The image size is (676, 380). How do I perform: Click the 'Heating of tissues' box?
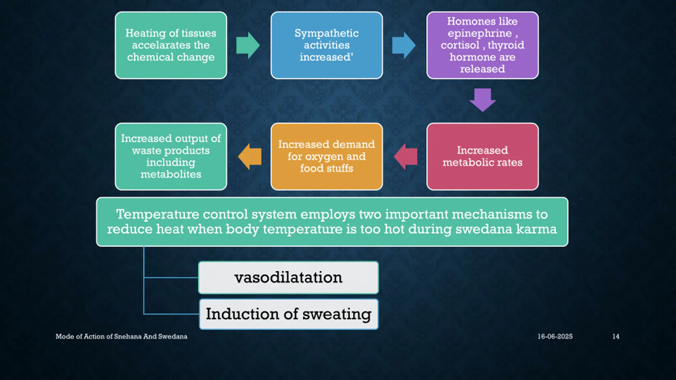pyautogui.click(x=171, y=45)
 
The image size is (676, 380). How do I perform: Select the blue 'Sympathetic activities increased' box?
pyautogui.click(x=327, y=45)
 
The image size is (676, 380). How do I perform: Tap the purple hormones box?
pyautogui.click(x=482, y=45)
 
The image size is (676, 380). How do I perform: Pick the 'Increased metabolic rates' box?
pyautogui.click(x=482, y=156)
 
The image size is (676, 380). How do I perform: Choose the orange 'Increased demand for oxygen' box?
pyautogui.click(x=327, y=156)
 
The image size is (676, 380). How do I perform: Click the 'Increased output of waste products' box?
pyautogui.click(x=171, y=156)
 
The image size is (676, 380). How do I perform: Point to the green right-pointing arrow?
pyautogui.click(x=247, y=45)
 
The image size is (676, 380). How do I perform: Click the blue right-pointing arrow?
pyautogui.click(x=403, y=45)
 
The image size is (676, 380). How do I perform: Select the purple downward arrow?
pyautogui.click(x=483, y=99)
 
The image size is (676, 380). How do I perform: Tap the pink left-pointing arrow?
pyautogui.click(x=406, y=156)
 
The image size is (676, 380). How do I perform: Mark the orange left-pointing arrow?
pyautogui.click(x=250, y=156)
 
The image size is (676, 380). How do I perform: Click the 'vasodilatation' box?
pyautogui.click(x=288, y=277)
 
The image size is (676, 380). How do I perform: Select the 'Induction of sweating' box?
pyautogui.click(x=289, y=314)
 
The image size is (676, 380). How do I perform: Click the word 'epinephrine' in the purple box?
pyautogui.click(x=480, y=34)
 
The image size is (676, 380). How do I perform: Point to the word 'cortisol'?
pyautogui.click(x=460, y=45)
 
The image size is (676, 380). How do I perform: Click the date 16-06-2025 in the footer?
pyautogui.click(x=555, y=336)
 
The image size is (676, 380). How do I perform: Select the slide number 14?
pyautogui.click(x=616, y=336)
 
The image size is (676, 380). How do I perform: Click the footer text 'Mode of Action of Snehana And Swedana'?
pyautogui.click(x=121, y=336)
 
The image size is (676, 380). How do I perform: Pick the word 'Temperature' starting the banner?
pyautogui.click(x=157, y=214)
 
